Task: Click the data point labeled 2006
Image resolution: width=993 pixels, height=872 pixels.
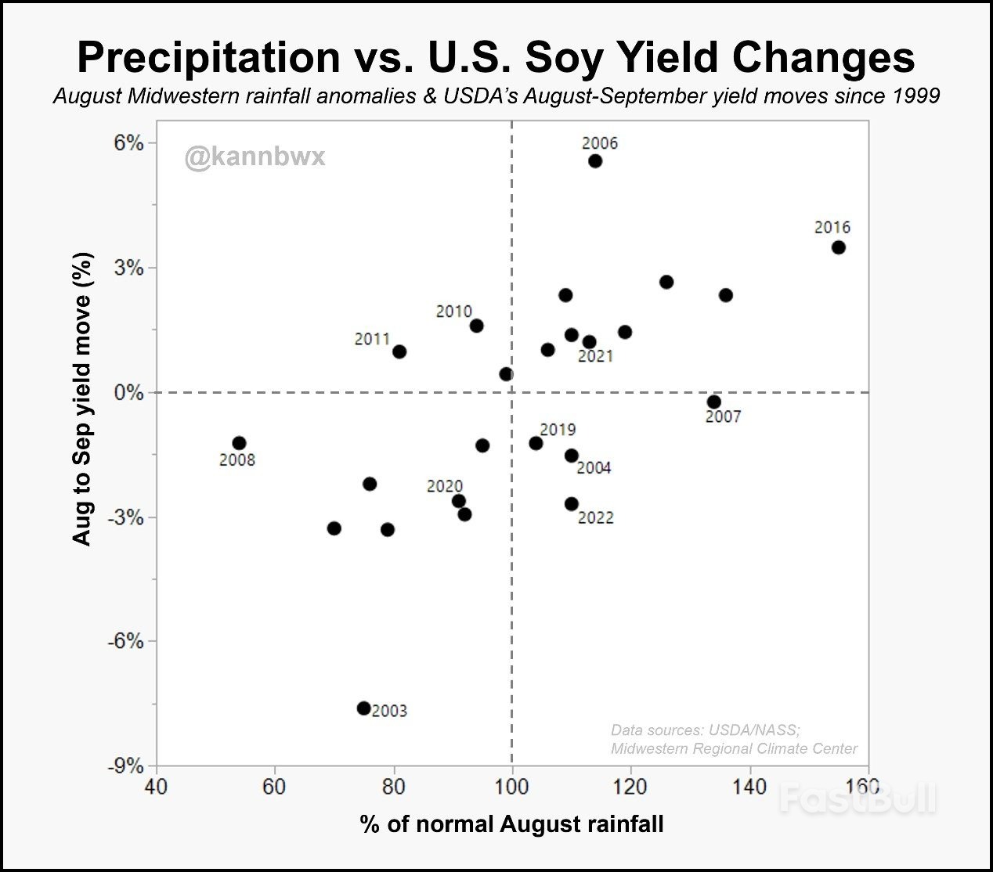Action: pyautogui.click(x=595, y=161)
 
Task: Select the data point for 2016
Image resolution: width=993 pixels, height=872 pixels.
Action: pyautogui.click(x=839, y=247)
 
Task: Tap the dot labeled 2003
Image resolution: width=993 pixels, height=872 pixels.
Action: pyautogui.click(x=363, y=708)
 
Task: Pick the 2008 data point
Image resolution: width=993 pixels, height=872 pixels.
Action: pyautogui.click(x=239, y=444)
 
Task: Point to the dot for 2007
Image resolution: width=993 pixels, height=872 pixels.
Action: pyautogui.click(x=714, y=402)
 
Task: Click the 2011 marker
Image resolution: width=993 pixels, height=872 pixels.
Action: pyautogui.click(x=399, y=351)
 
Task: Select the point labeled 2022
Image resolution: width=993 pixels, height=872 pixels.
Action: pyautogui.click(x=572, y=504)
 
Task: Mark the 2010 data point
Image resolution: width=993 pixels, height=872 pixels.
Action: pyautogui.click(x=476, y=326)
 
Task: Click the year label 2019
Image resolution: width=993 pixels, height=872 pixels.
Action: pyautogui.click(x=558, y=430)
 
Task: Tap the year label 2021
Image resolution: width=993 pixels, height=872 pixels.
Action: pyautogui.click(x=595, y=357)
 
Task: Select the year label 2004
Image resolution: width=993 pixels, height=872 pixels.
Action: pyautogui.click(x=594, y=468)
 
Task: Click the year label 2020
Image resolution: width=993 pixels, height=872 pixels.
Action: pyautogui.click(x=444, y=487)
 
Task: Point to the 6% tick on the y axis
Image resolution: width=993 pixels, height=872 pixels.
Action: pyautogui.click(x=130, y=143)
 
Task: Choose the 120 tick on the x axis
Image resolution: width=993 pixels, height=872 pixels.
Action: pyautogui.click(x=630, y=786)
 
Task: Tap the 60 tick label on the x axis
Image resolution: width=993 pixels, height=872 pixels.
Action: pyautogui.click(x=275, y=786)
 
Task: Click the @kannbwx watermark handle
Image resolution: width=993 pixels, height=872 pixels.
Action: pyautogui.click(x=255, y=157)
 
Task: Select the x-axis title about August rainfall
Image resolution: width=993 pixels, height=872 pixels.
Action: pyautogui.click(x=511, y=824)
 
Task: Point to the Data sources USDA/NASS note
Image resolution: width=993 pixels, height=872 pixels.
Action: pyautogui.click(x=705, y=730)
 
